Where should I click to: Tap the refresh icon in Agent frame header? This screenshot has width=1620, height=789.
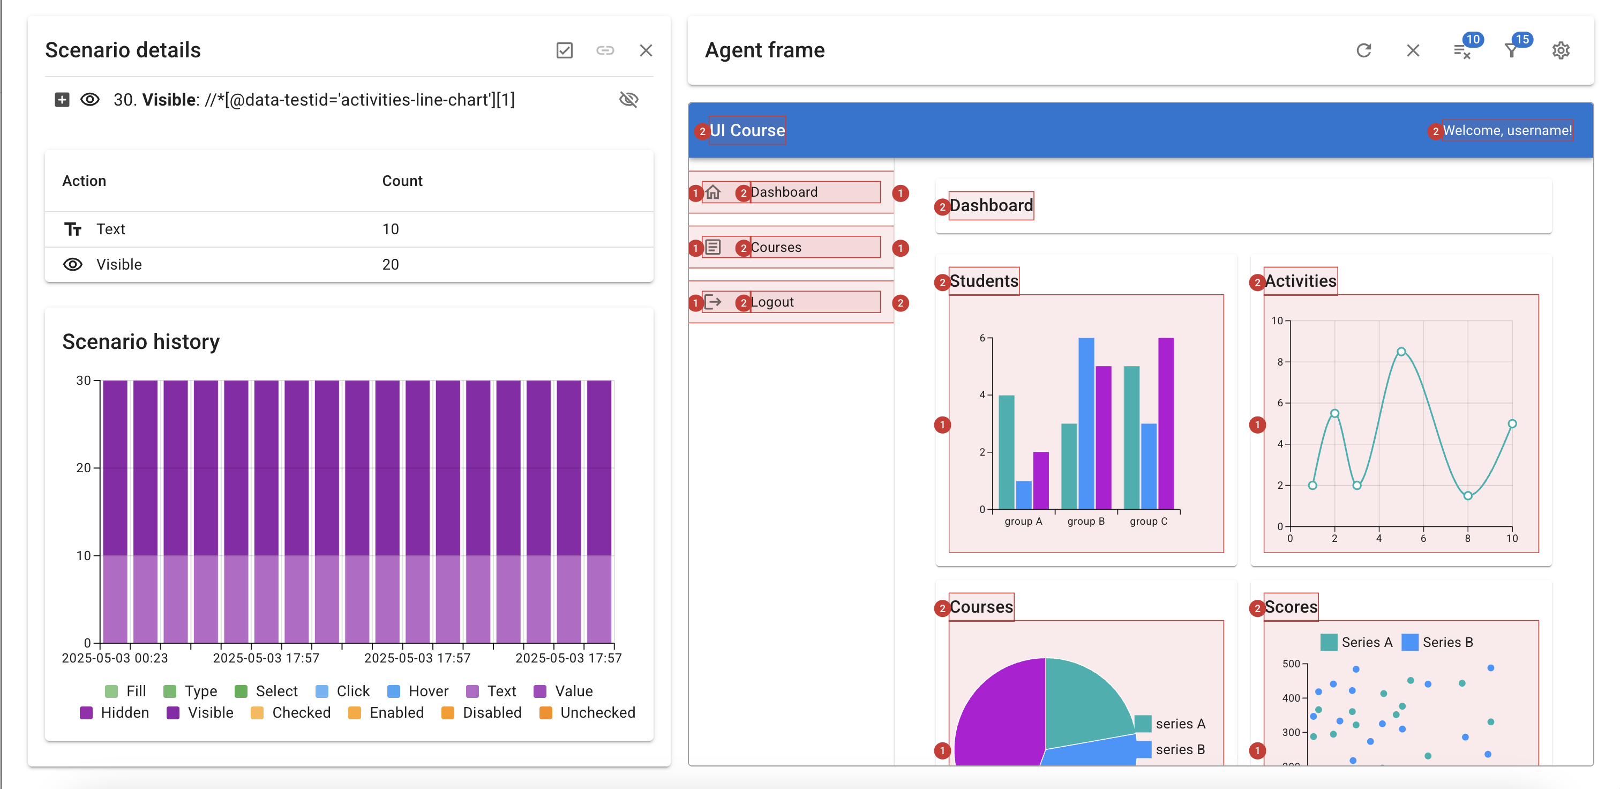pos(1363,50)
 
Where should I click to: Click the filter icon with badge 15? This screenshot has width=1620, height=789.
pos(1511,50)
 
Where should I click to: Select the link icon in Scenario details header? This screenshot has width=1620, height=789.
pos(605,50)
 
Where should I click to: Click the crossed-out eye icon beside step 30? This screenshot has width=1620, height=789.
pos(628,99)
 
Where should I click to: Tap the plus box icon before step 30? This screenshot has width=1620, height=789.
pos(62,99)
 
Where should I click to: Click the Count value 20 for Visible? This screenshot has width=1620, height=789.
pos(391,264)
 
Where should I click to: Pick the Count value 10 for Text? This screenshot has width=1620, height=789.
pos(391,229)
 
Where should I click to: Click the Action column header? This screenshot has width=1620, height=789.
pos(84,181)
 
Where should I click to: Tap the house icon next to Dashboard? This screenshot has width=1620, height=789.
pos(712,192)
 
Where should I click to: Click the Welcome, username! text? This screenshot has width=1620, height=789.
pos(1507,130)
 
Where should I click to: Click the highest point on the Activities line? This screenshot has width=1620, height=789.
pos(1401,352)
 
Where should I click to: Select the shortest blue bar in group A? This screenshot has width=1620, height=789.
pos(1024,495)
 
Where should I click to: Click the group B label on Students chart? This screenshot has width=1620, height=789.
pos(1086,522)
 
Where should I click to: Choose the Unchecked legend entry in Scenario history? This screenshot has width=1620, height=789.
pos(587,713)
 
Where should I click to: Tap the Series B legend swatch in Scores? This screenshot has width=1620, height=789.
pos(1410,642)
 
